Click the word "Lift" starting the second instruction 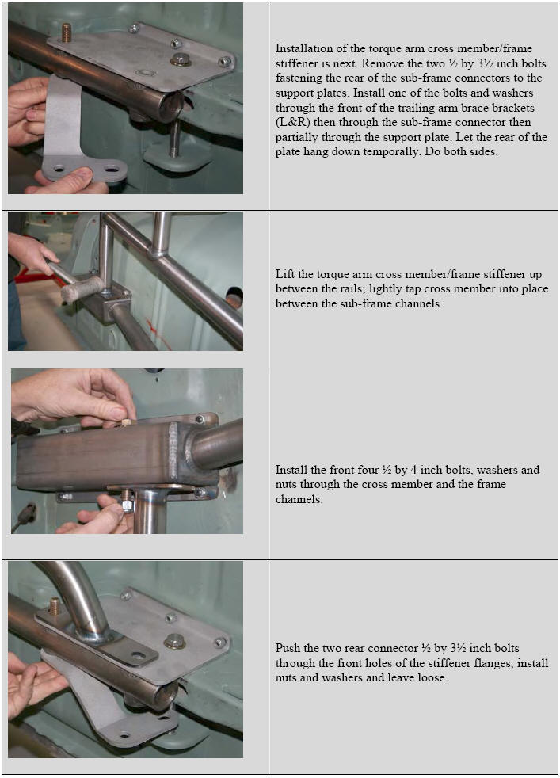coord(284,274)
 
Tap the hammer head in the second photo coord(82,289)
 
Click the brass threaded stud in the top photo coord(67,32)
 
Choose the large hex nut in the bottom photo coord(174,641)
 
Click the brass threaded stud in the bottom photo coord(54,606)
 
